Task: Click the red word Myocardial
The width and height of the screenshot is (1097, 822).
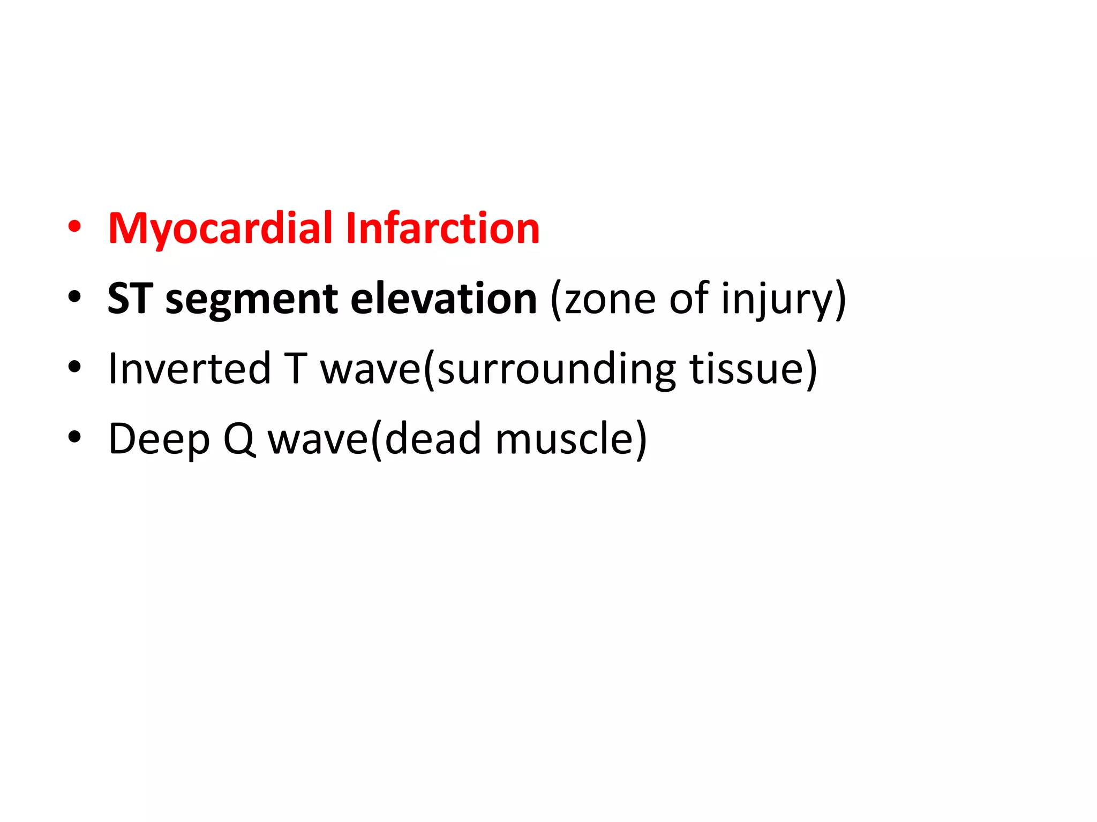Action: click(x=221, y=229)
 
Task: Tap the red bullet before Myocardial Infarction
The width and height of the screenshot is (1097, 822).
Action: click(x=74, y=227)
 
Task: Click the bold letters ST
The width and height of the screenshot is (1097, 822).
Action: click(x=130, y=298)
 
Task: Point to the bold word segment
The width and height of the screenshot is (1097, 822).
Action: click(x=251, y=300)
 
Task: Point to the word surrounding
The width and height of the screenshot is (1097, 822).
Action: click(x=557, y=369)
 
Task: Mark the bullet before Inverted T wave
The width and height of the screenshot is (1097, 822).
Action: click(x=74, y=367)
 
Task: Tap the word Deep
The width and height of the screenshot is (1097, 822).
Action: click(x=159, y=439)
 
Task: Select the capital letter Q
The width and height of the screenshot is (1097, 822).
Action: click(x=238, y=439)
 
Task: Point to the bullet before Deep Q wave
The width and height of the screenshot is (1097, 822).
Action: click(x=74, y=437)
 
